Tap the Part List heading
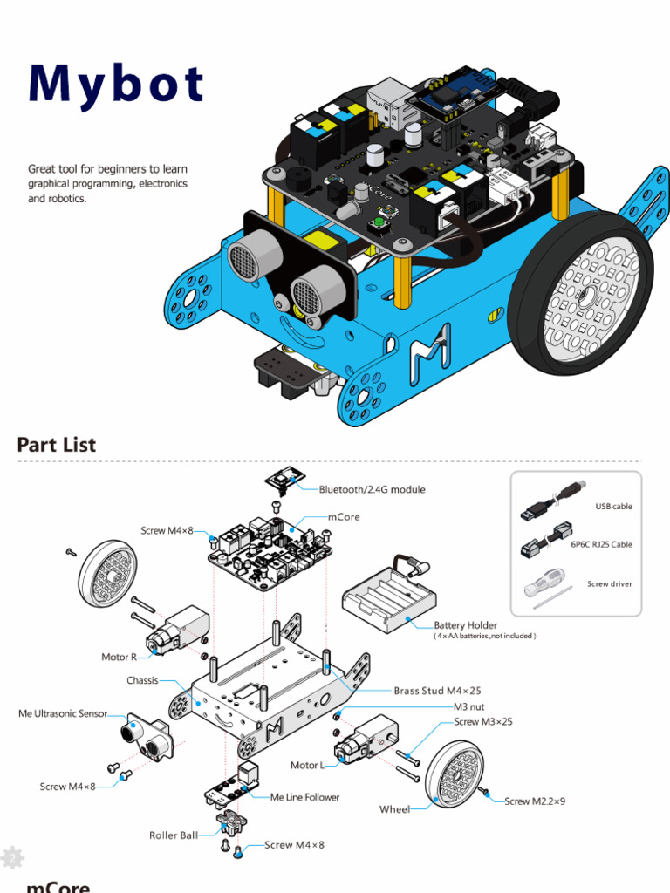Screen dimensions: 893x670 click(57, 445)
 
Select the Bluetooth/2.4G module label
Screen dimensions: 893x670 click(372, 489)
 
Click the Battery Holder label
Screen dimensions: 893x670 click(465, 624)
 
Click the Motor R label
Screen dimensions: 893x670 click(119, 657)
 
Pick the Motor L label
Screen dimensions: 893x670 click(307, 765)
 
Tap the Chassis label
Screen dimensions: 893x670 click(142, 680)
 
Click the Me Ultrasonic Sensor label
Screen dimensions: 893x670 click(63, 713)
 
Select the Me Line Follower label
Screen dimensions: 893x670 click(304, 797)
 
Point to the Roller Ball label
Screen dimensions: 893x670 click(174, 835)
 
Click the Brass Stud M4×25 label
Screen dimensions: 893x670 click(437, 691)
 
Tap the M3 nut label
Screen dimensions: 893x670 click(468, 706)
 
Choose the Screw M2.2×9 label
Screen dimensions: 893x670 click(535, 801)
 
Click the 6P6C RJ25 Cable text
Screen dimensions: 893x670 click(601, 544)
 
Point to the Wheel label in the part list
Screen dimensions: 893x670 click(394, 809)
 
